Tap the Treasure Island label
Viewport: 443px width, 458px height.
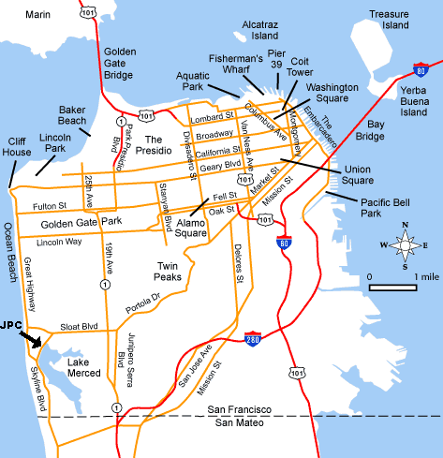(x=390, y=21)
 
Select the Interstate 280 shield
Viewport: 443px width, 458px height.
(x=252, y=339)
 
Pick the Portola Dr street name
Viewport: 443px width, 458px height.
(x=142, y=301)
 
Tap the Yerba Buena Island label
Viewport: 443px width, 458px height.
(x=414, y=100)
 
